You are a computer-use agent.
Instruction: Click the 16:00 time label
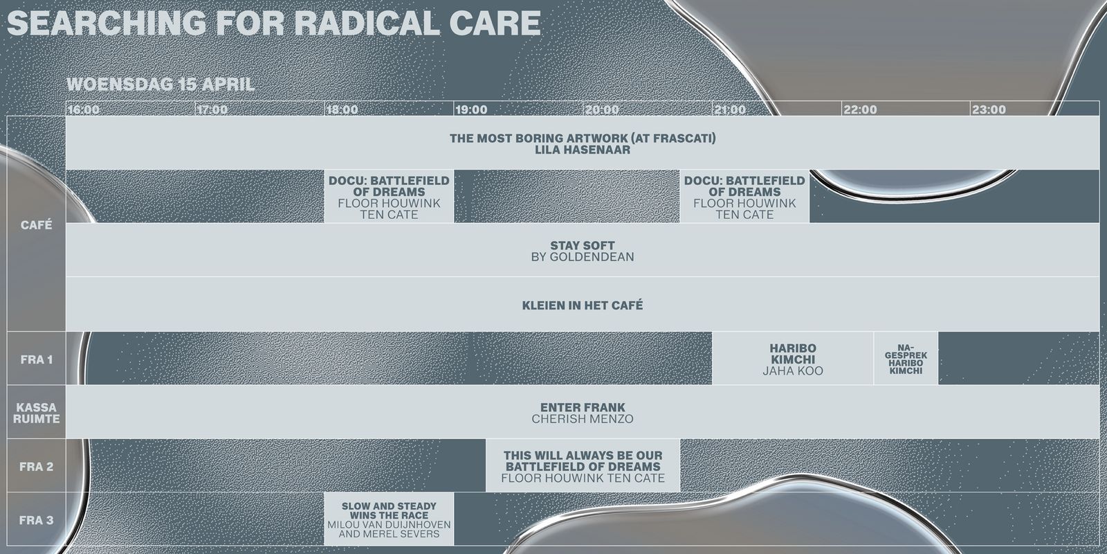(x=84, y=109)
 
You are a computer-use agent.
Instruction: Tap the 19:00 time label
(x=471, y=109)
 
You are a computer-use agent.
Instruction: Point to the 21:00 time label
(x=730, y=109)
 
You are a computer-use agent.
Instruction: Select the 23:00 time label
(x=989, y=109)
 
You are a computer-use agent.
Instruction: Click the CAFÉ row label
(x=37, y=225)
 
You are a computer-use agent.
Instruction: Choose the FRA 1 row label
(x=36, y=359)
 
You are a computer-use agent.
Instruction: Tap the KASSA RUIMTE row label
(x=36, y=413)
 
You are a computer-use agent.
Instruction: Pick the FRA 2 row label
(x=36, y=467)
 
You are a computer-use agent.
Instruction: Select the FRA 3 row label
(x=36, y=520)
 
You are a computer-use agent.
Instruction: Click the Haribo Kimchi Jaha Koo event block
(x=793, y=359)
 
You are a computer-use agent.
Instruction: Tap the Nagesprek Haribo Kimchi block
(x=906, y=359)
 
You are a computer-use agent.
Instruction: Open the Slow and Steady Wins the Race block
(x=389, y=519)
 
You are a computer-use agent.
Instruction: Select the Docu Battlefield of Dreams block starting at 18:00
(x=389, y=197)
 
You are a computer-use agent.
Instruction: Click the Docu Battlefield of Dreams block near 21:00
(x=744, y=197)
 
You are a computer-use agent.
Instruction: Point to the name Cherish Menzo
(x=583, y=419)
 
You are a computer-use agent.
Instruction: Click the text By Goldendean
(x=583, y=257)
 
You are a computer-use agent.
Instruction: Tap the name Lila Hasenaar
(x=583, y=150)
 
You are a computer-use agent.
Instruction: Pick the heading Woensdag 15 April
(x=161, y=84)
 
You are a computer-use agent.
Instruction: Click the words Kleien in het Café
(x=583, y=305)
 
